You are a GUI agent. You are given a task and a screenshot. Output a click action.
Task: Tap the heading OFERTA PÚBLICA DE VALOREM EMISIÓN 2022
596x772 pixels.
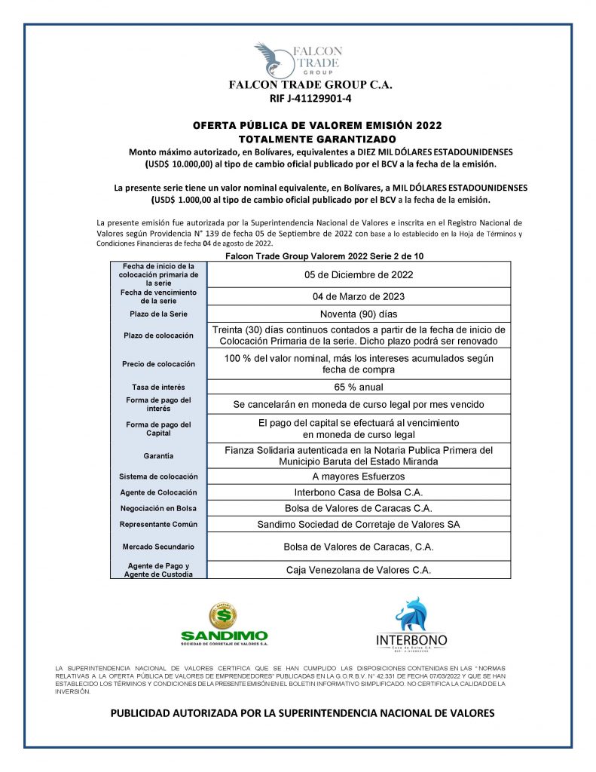click(317, 126)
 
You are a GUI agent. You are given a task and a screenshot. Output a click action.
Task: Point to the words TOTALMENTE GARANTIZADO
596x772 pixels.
click(317, 139)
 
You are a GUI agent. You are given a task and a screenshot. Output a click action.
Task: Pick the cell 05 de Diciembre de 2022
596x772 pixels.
click(358, 274)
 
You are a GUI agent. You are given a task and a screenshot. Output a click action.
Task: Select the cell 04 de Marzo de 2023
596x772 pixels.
click(358, 296)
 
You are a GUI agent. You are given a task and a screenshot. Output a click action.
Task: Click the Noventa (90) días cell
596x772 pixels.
click(358, 314)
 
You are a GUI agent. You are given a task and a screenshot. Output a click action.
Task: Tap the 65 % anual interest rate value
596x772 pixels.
click(358, 387)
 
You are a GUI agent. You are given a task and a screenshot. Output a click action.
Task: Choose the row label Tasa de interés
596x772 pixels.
click(157, 387)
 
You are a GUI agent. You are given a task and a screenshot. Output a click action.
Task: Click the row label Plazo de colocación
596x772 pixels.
click(157, 335)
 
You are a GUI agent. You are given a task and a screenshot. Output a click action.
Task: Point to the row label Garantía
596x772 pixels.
click(157, 455)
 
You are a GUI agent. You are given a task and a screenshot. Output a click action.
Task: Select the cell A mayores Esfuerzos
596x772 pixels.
click(358, 476)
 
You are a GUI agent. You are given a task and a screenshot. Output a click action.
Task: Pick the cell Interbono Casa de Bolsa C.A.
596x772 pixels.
click(358, 492)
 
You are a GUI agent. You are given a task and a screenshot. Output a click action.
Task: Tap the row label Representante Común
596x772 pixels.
click(157, 524)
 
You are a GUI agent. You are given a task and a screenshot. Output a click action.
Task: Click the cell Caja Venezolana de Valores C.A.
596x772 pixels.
click(358, 570)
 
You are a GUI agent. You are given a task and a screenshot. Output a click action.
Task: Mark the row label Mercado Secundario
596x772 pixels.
click(157, 546)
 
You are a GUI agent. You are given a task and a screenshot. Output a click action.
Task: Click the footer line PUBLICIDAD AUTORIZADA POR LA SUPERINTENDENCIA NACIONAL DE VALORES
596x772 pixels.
click(302, 712)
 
